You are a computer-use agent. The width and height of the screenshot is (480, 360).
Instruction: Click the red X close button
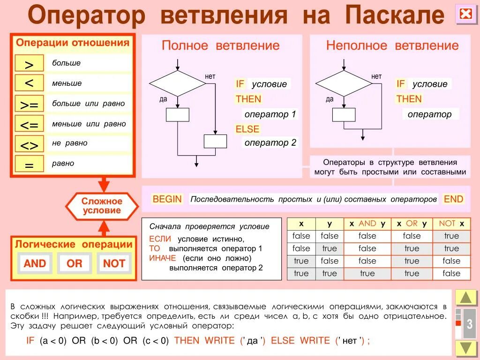coord(465,15)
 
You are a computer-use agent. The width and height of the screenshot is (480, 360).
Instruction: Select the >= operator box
coord(29,104)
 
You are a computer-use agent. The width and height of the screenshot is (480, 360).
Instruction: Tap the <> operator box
coord(29,144)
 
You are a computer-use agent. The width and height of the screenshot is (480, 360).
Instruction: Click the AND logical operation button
coord(35,263)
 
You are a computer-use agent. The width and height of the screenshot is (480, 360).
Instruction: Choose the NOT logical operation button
coord(114,263)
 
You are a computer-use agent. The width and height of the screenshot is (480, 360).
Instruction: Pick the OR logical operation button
coord(75,263)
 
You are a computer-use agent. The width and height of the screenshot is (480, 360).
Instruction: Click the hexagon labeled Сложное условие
coord(102,206)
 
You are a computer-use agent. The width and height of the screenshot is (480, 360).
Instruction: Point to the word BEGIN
coord(167,199)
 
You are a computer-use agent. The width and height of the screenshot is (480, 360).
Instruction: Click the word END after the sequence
coord(453,199)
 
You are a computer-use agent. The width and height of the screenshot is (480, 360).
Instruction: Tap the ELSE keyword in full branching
coord(247,129)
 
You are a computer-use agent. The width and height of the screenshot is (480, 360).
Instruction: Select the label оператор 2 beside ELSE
coord(270,142)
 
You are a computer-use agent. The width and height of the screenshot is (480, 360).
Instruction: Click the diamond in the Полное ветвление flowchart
coord(178,83)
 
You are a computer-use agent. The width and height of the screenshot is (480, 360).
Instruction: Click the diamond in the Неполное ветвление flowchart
coord(344,83)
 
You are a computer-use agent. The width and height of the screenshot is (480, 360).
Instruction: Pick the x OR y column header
coord(412,224)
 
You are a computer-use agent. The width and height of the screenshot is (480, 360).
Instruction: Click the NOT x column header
coord(451,224)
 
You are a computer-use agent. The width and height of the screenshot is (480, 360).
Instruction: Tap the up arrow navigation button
coord(466,298)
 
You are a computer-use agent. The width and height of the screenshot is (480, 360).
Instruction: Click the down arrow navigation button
coord(466,348)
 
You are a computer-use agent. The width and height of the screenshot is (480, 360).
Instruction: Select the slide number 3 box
coord(469,324)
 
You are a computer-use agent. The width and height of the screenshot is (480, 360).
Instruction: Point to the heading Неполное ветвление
coord(392,45)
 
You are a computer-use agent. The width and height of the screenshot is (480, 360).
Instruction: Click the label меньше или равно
coord(89,124)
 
